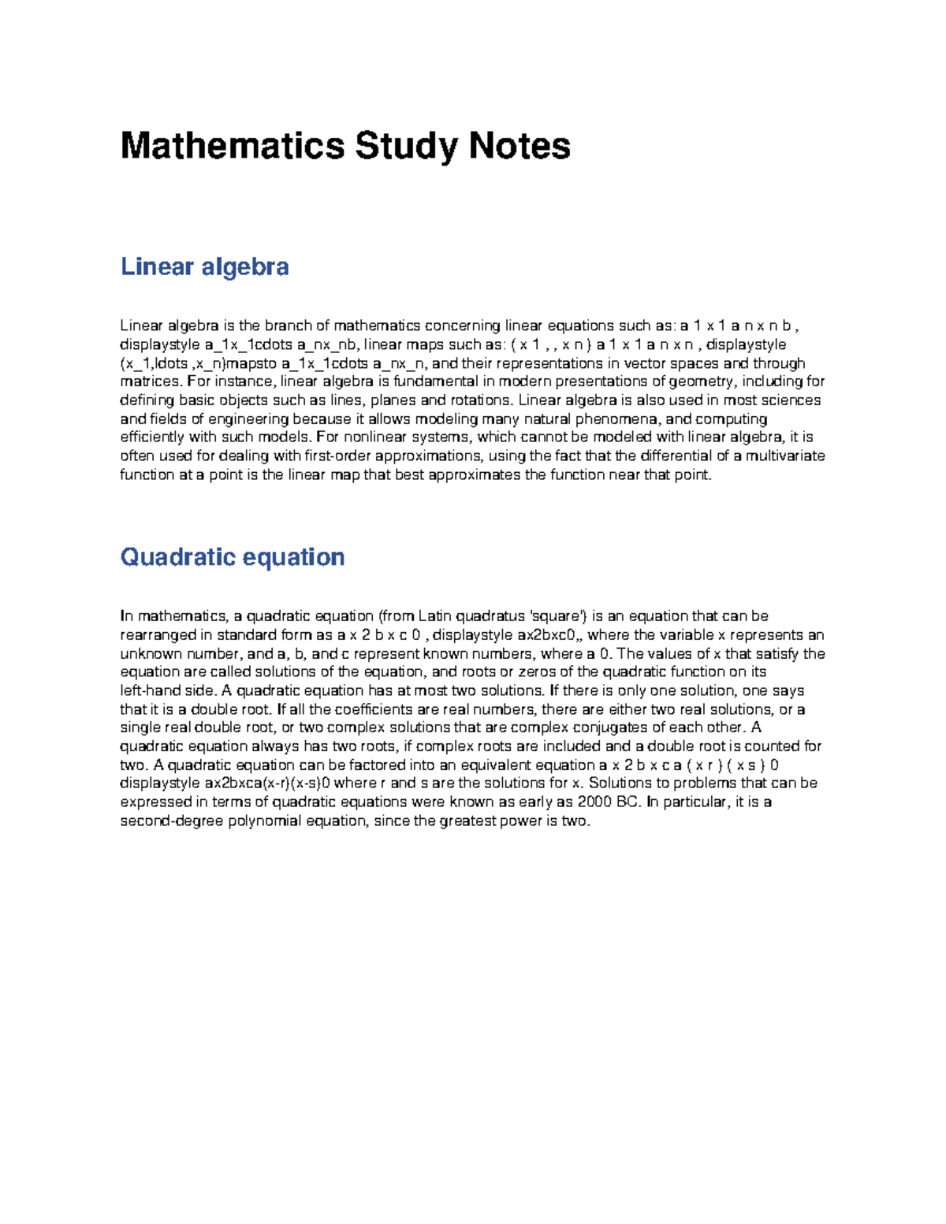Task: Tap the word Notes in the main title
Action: (x=520, y=147)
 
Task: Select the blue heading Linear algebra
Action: (x=204, y=266)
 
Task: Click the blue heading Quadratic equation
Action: (x=232, y=557)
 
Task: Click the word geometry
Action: (x=706, y=381)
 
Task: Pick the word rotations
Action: (x=479, y=400)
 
